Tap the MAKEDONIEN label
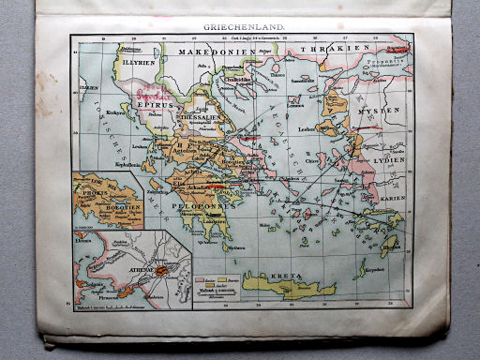click(213, 53)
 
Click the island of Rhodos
click(387, 247)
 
